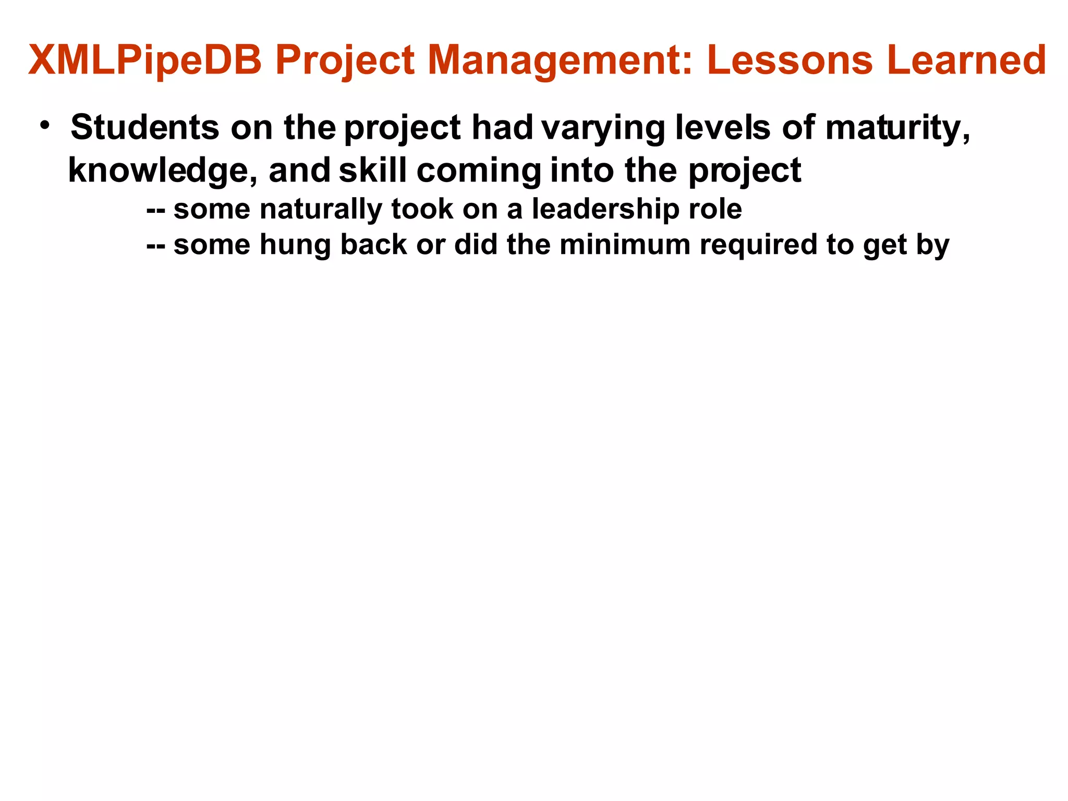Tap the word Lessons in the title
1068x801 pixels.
coord(790,60)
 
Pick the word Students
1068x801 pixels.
coord(145,127)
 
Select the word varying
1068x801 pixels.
coord(603,128)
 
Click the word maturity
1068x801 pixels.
coord(897,128)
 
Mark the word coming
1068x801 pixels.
coord(479,171)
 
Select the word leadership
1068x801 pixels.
coord(605,210)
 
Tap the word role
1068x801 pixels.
coord(715,210)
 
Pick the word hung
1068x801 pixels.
coord(295,245)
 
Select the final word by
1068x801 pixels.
coord(932,245)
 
